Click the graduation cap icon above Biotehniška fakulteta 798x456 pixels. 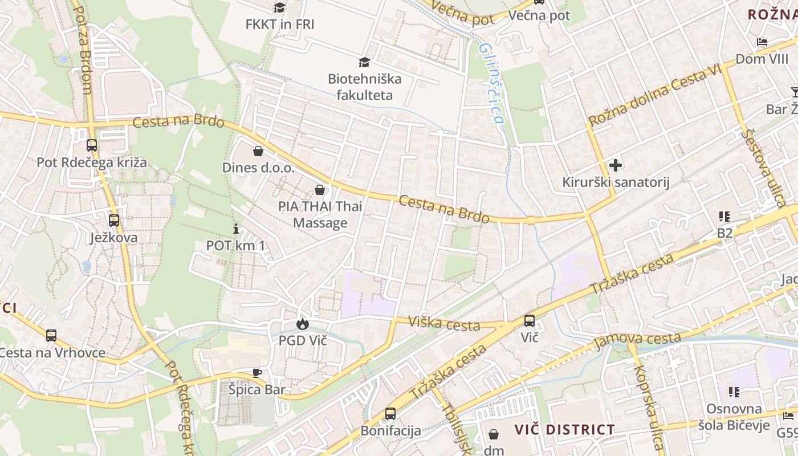[364, 62]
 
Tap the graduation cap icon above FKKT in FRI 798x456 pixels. [279, 7]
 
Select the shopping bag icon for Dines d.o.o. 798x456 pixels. [258, 151]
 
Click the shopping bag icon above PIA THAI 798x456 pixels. [320, 189]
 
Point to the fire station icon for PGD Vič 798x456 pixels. [302, 324]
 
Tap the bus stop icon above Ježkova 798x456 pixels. [114, 220]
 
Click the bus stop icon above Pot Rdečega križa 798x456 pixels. [92, 145]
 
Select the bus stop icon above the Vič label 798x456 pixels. [530, 320]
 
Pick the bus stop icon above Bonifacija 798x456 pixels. [390, 413]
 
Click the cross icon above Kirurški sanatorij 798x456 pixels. [616, 165]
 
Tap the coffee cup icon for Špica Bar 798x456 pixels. [257, 373]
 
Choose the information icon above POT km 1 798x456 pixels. [236, 229]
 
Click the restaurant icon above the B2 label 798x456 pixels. [724, 217]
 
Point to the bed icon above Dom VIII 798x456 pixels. [762, 42]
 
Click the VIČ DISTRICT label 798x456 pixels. [564, 429]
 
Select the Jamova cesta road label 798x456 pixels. [637, 341]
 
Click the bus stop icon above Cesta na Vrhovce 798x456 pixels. [51, 336]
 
